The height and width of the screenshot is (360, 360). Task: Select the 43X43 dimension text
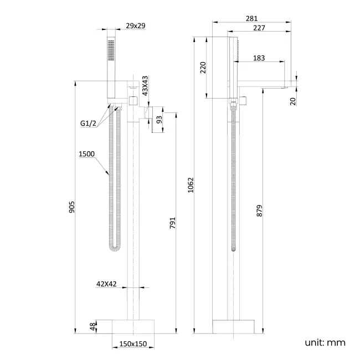(145, 86)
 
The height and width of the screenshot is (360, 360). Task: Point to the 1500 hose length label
(87, 154)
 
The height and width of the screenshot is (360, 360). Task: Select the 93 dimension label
(160, 119)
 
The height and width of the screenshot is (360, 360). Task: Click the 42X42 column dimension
(106, 284)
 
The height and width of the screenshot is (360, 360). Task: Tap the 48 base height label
(93, 327)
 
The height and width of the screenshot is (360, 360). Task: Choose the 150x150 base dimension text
(133, 344)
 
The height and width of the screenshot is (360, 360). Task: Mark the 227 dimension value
(258, 28)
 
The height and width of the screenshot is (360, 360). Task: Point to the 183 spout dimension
(259, 58)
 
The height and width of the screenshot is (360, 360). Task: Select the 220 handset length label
(203, 68)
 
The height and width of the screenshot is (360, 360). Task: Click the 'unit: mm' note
(325, 342)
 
